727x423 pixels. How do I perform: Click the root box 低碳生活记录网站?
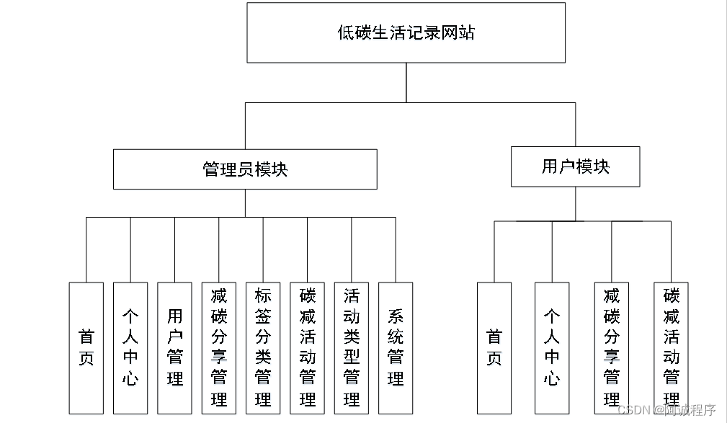click(x=406, y=32)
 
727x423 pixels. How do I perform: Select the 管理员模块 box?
click(x=245, y=169)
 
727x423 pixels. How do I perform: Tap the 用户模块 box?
click(x=575, y=166)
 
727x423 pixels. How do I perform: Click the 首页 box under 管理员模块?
click(x=86, y=347)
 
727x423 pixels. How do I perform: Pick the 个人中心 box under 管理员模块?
click(x=130, y=347)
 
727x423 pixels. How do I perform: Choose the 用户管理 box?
click(x=175, y=347)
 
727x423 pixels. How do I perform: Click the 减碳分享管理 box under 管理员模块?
click(x=219, y=347)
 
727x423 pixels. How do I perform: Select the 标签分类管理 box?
click(x=263, y=347)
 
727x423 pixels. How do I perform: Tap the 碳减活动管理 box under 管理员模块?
click(x=308, y=347)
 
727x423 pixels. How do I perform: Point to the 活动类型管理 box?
click(x=352, y=347)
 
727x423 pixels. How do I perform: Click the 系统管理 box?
click(x=396, y=347)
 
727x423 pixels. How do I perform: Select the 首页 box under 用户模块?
click(x=494, y=347)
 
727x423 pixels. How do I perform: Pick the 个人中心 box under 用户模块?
click(x=552, y=347)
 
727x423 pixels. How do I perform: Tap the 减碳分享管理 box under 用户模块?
click(x=612, y=347)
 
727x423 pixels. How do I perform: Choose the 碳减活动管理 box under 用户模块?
click(x=671, y=347)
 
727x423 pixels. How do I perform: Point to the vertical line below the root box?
click(x=406, y=82)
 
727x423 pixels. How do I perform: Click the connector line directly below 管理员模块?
click(x=245, y=202)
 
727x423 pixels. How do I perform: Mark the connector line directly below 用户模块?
click(x=575, y=204)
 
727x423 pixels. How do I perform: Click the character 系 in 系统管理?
click(x=396, y=316)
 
